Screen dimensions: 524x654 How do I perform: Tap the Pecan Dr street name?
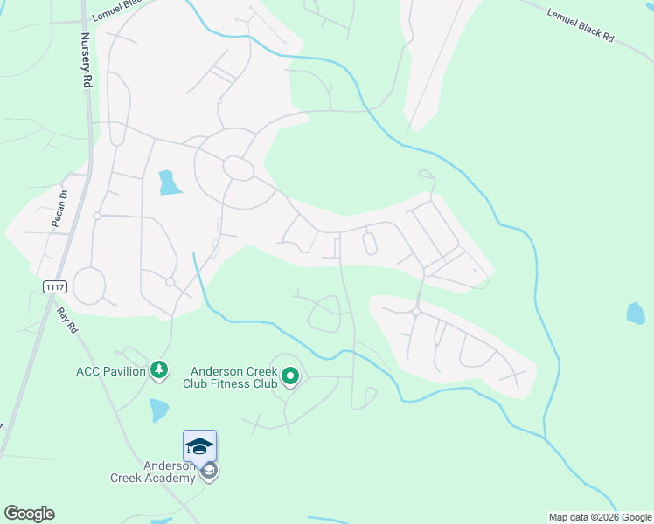59,209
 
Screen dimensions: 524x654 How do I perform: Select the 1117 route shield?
54,286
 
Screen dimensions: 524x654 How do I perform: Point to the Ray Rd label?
67,319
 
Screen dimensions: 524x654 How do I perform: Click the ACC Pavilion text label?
111,371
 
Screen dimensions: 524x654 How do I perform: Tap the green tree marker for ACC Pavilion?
158,371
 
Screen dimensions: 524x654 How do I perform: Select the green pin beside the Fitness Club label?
290,377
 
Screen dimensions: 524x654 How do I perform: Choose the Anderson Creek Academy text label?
152,472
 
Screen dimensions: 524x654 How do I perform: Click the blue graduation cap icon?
199,445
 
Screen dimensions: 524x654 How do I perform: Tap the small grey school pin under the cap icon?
208,472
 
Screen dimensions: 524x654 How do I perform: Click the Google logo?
29,514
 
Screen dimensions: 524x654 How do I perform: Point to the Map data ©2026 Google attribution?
600,517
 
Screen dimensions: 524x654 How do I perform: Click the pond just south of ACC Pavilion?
158,410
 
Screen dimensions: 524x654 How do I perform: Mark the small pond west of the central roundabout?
169,183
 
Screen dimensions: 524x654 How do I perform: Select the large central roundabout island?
236,166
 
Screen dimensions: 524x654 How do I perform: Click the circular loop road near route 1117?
89,286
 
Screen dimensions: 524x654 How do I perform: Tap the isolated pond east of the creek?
637,313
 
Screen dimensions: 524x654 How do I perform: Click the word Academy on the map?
171,478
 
